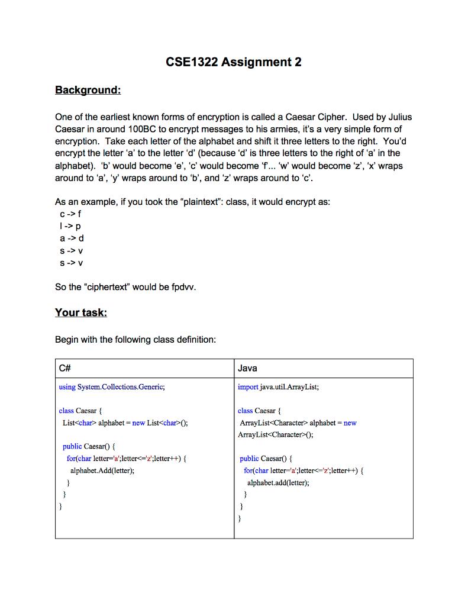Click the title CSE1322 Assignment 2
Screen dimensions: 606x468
point(234,62)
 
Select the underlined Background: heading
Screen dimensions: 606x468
point(88,90)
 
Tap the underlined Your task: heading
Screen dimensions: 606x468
point(80,312)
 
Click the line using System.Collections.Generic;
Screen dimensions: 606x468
point(112,387)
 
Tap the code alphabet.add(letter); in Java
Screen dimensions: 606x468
point(278,482)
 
